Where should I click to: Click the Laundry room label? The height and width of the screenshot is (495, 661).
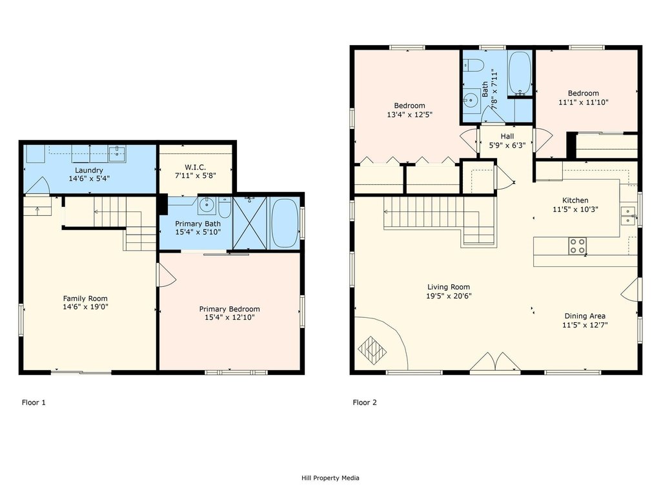coord(89,170)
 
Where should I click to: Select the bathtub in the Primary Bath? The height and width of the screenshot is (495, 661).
coord(285,223)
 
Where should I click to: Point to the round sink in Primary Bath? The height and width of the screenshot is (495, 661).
coord(207,206)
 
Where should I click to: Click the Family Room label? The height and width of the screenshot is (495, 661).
coord(85,298)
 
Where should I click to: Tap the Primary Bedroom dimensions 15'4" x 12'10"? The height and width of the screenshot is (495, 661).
coord(229,318)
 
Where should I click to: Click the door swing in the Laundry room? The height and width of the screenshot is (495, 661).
coord(37,186)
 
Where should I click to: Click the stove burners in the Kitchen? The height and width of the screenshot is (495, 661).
coord(576,246)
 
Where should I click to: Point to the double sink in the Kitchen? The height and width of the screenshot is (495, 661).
coord(626,215)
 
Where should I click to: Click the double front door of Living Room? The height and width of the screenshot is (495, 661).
coord(494,363)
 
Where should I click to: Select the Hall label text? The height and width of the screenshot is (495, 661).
coord(507,136)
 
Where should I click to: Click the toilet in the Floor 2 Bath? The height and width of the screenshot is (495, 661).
coord(474,66)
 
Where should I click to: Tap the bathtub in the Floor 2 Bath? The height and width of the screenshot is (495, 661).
coord(519,72)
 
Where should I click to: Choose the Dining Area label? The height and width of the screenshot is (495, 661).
coord(585,316)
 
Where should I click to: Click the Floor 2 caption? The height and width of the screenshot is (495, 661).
coord(364,403)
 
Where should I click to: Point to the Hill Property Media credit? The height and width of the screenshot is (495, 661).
coord(330,478)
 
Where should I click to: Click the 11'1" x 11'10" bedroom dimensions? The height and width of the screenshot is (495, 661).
coord(583,102)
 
